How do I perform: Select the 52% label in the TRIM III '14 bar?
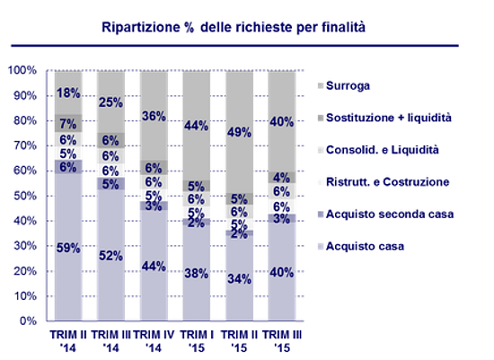(111, 256)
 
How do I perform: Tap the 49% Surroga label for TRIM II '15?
(240, 133)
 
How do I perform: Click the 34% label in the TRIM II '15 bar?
(240, 278)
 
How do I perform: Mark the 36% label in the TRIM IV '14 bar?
(154, 116)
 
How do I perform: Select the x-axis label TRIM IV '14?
(154, 339)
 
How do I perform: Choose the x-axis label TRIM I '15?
(197, 339)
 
